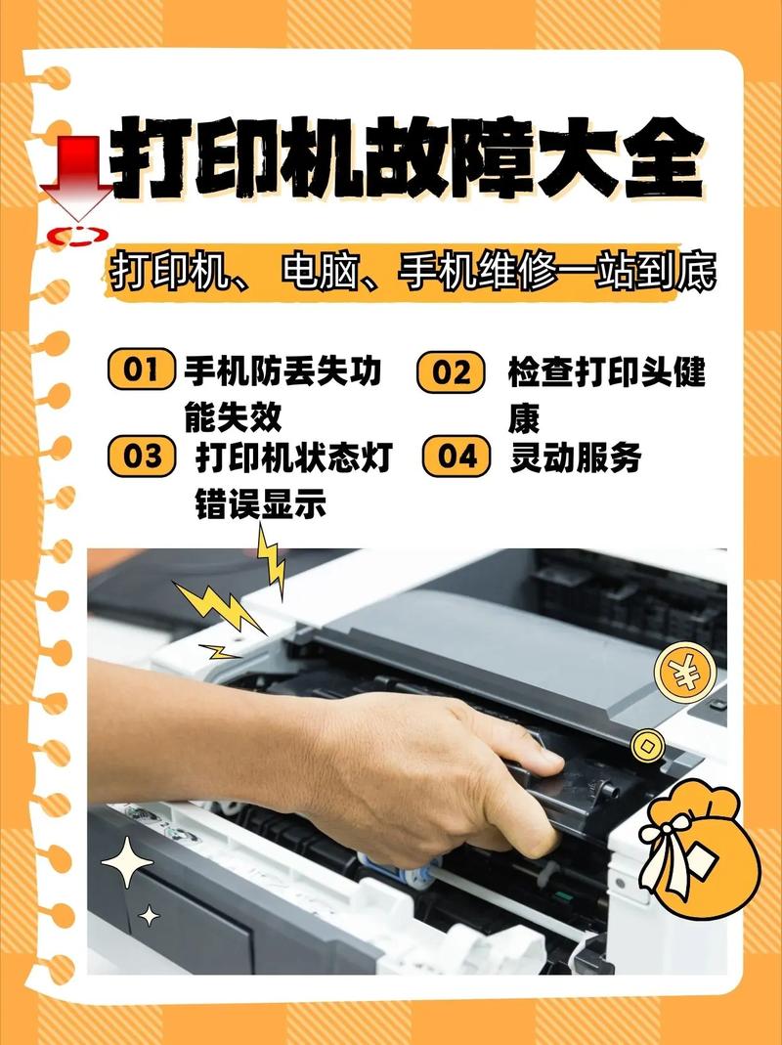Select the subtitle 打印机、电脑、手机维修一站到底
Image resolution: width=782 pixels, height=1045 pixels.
412,272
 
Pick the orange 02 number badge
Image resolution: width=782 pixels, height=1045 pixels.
451,372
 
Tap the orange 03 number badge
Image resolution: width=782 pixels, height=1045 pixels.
142,457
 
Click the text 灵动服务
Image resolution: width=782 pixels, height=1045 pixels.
575,457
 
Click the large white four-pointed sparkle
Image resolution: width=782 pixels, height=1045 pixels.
126,863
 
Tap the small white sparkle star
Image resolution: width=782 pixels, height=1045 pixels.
149,916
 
